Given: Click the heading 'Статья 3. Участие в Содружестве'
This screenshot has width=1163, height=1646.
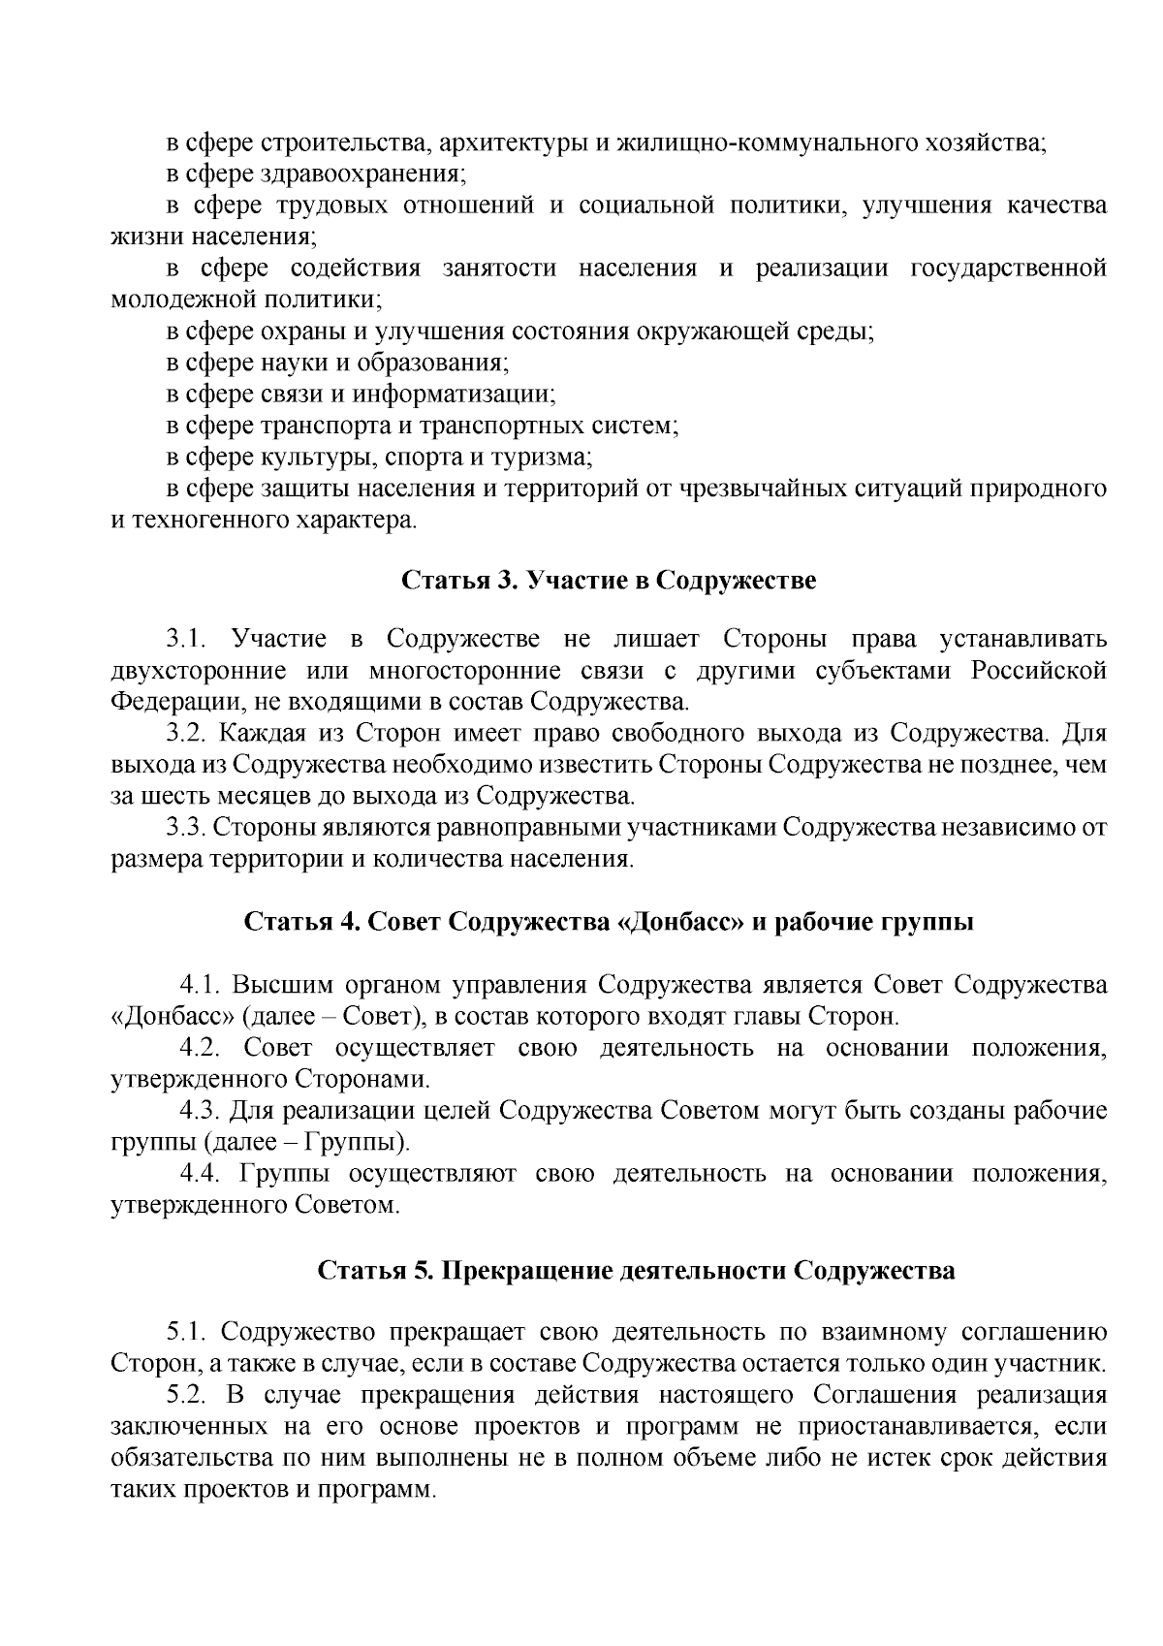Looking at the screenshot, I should click(609, 581).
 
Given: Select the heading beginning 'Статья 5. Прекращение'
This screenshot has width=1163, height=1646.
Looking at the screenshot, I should click(636, 1270).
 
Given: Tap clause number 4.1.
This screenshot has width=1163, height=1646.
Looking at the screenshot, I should click(203, 986).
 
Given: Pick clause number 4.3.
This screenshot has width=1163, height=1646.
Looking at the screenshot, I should click(203, 1110).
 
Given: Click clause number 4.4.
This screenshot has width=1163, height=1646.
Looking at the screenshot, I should click(203, 1174).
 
